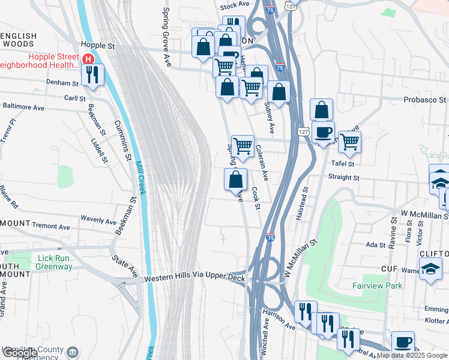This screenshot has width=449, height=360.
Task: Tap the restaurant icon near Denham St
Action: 92,75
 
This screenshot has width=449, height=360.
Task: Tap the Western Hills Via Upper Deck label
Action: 194,280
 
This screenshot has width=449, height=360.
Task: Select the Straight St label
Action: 343,178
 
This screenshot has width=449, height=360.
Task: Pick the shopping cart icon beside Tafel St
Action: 349,142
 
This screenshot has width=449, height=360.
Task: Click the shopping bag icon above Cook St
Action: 235,179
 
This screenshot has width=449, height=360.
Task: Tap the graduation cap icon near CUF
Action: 430,269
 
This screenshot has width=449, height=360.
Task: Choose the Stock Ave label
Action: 234,5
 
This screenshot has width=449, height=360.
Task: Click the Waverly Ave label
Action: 98,220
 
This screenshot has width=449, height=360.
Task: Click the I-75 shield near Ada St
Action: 271,237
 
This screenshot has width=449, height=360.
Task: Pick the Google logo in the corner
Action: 20,353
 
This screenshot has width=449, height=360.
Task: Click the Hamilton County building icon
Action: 73,352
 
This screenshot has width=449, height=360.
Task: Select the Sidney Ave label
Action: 270,117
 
